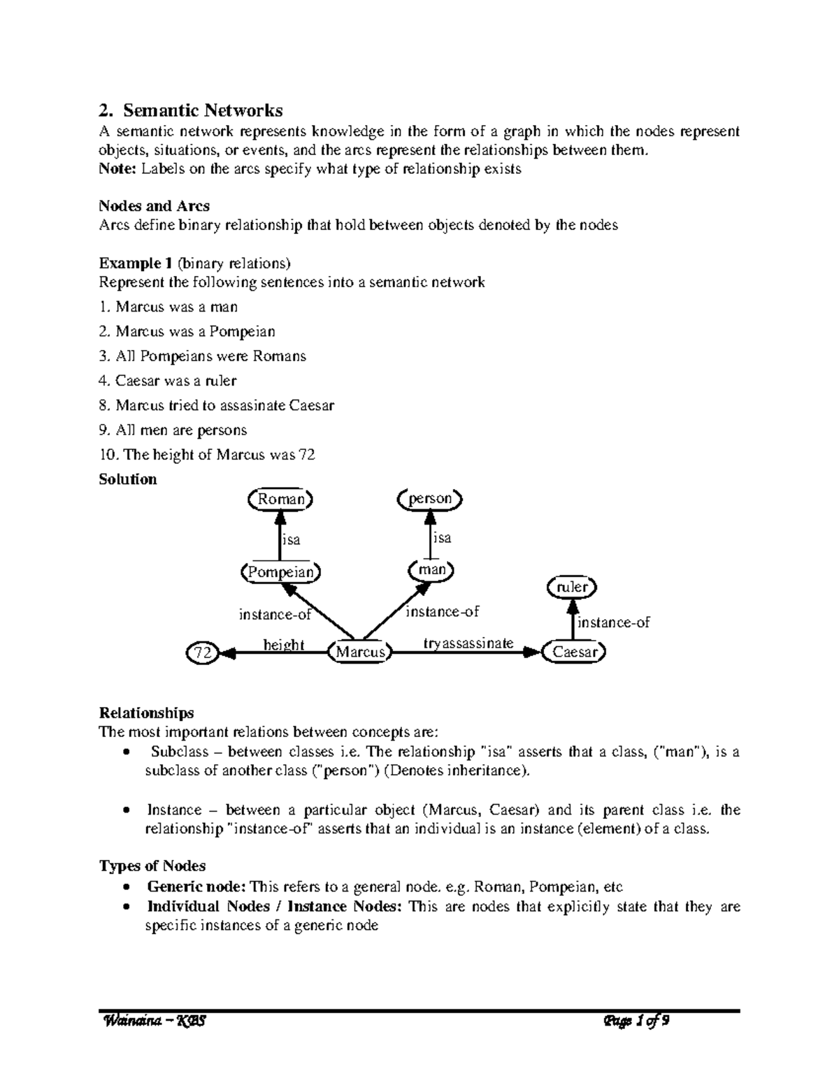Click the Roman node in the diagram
(x=281, y=499)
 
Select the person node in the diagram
(x=430, y=499)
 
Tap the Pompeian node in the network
(x=280, y=571)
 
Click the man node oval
(x=431, y=570)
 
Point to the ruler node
(x=572, y=587)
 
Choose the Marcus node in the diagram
(x=360, y=652)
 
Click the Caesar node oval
(x=575, y=652)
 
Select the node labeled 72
(x=202, y=653)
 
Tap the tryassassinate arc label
(x=468, y=643)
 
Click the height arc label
(x=283, y=644)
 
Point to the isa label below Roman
(x=291, y=539)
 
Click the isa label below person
(x=442, y=538)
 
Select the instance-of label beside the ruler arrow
(x=613, y=622)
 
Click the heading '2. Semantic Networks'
(x=191, y=110)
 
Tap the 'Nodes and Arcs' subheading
(x=154, y=206)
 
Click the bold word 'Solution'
(x=128, y=479)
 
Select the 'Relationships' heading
(x=146, y=713)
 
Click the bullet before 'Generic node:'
(x=125, y=887)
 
